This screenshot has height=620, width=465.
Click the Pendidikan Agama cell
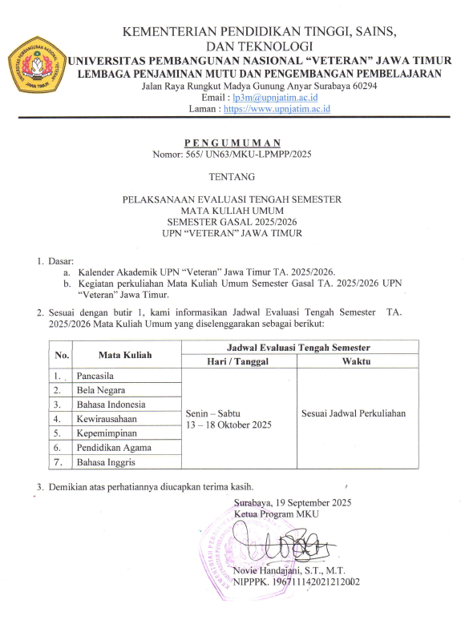(x=113, y=448)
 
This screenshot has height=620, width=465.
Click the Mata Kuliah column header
(x=125, y=354)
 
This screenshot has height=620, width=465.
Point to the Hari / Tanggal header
(x=240, y=361)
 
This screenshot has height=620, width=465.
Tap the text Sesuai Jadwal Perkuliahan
(x=354, y=413)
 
